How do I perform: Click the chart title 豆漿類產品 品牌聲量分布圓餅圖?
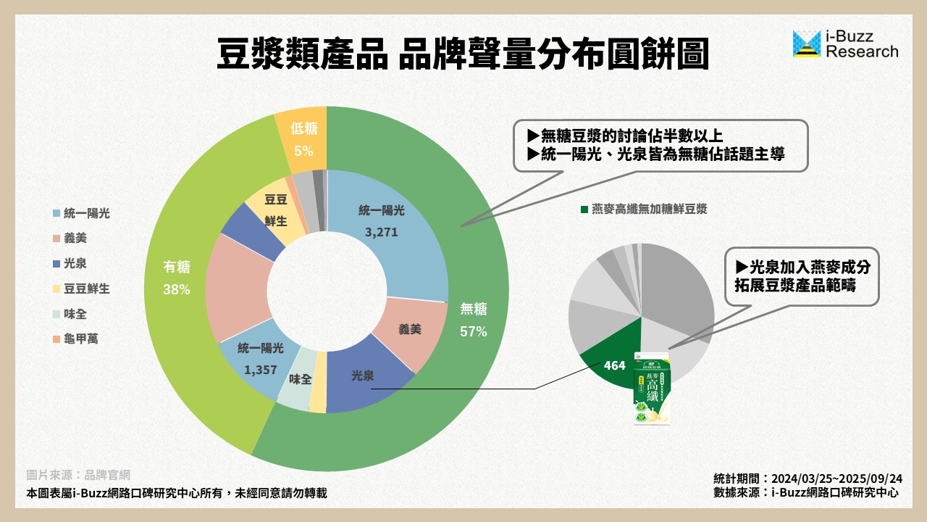(x=463, y=54)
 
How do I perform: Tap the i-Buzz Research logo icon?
(x=807, y=44)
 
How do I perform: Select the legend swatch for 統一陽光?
(x=56, y=213)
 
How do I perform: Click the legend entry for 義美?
(x=75, y=238)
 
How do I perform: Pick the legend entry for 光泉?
(x=75, y=263)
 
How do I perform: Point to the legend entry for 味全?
(x=75, y=314)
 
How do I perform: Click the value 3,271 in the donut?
(x=382, y=233)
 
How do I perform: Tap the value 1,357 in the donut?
(x=261, y=369)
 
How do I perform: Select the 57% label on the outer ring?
(x=474, y=332)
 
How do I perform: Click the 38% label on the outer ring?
(x=177, y=290)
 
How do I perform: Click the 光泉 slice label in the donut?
(x=363, y=376)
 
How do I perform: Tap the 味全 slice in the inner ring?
(x=300, y=378)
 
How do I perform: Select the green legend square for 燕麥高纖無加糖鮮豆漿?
(x=584, y=210)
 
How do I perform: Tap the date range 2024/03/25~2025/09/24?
(x=836, y=478)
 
